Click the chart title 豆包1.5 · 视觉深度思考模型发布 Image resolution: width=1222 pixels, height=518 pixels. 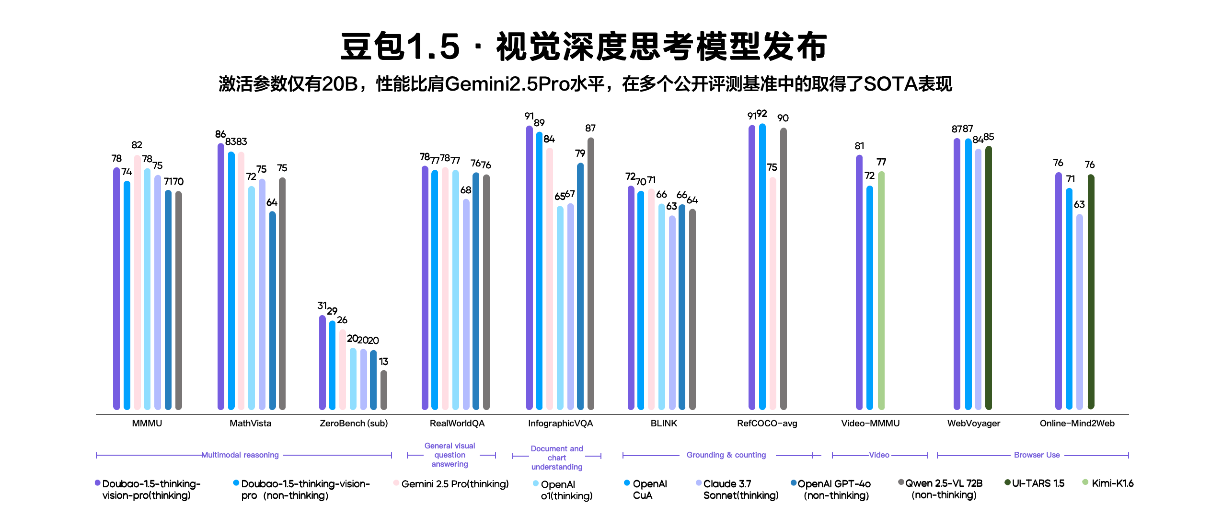tap(583, 47)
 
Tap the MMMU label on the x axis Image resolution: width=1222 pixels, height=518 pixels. tap(147, 423)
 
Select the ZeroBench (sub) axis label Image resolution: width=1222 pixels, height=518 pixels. tap(353, 423)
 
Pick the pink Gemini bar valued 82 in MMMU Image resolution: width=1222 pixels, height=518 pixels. tap(137, 283)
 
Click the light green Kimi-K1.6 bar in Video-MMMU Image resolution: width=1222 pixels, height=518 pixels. tap(881, 291)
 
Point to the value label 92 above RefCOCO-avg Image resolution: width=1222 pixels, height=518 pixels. tap(762, 114)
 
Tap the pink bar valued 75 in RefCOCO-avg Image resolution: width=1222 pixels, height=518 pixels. tap(772, 293)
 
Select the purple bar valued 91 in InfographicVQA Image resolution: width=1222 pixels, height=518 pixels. tap(529, 269)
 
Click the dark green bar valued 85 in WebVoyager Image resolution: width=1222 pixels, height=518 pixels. tap(988, 278)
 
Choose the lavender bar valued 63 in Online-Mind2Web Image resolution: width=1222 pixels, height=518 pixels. tap(1079, 312)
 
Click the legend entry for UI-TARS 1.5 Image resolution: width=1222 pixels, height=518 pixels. tap(1035, 483)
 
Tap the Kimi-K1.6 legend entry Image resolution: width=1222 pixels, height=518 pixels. tap(1109, 483)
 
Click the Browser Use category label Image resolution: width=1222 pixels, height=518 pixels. tap(1037, 455)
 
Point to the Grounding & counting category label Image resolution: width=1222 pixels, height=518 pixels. tap(726, 455)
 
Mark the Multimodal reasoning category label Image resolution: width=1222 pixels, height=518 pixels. tap(240, 455)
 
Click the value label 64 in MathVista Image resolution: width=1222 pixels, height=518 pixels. tap(271, 202)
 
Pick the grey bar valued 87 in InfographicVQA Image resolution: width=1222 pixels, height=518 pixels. tap(590, 273)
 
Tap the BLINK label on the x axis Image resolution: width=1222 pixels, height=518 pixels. tap(663, 423)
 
